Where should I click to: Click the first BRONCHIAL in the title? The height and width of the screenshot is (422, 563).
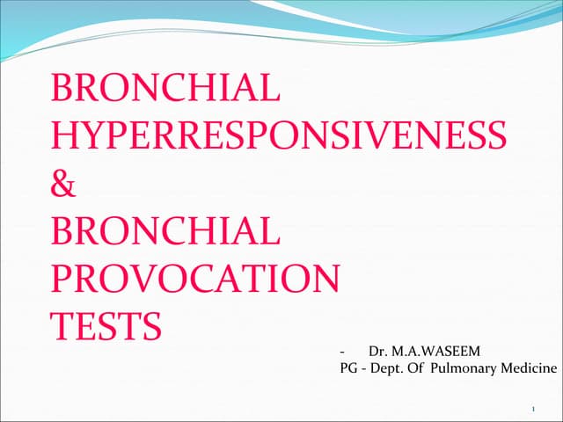pos(166,90)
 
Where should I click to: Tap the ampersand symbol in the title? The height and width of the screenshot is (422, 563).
pos(65,186)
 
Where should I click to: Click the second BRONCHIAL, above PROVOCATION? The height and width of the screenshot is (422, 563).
pos(166,232)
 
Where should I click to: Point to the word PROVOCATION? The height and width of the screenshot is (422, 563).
pos(195,280)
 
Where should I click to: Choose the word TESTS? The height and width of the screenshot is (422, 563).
pos(107,326)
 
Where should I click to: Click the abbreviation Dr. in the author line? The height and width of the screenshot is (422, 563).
pos(378,351)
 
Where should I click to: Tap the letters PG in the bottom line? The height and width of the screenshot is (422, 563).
pos(348,368)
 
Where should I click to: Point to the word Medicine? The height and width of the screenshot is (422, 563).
pos(529,368)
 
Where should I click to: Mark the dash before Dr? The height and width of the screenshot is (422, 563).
pos(342,352)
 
